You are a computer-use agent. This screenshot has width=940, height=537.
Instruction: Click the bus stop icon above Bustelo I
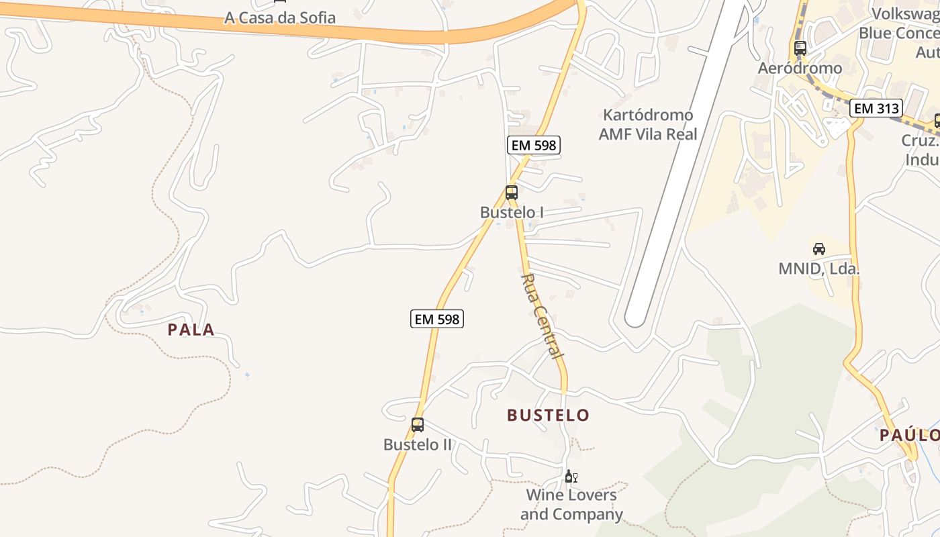coord(512,193)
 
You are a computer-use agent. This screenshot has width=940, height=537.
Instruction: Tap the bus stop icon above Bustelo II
coord(418,425)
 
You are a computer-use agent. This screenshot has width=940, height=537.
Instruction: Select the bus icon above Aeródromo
coord(800,48)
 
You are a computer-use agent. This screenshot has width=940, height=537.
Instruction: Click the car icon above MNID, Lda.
coord(819,249)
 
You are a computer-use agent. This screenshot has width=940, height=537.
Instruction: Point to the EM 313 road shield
coord(876,108)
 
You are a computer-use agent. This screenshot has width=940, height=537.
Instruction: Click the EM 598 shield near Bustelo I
coord(533,145)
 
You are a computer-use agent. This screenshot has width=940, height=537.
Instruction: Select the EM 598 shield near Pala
coord(437,320)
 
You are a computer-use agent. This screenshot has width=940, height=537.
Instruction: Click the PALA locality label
coord(191,330)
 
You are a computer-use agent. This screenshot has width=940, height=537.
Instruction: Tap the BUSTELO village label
coord(548,416)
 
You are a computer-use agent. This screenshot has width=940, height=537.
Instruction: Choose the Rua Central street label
coord(543,315)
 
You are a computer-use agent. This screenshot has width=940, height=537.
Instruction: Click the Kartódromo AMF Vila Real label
coord(648,124)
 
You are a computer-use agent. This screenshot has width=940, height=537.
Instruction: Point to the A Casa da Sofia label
coord(280,18)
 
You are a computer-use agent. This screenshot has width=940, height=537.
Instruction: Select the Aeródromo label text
coord(800,68)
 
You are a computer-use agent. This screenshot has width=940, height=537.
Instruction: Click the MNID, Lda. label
coord(819,269)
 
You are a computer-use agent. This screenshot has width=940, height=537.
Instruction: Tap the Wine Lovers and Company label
coord(571,505)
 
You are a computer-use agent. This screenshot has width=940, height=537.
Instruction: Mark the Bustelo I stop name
coord(512,213)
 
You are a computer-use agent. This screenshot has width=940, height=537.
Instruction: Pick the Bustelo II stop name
coord(418,445)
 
